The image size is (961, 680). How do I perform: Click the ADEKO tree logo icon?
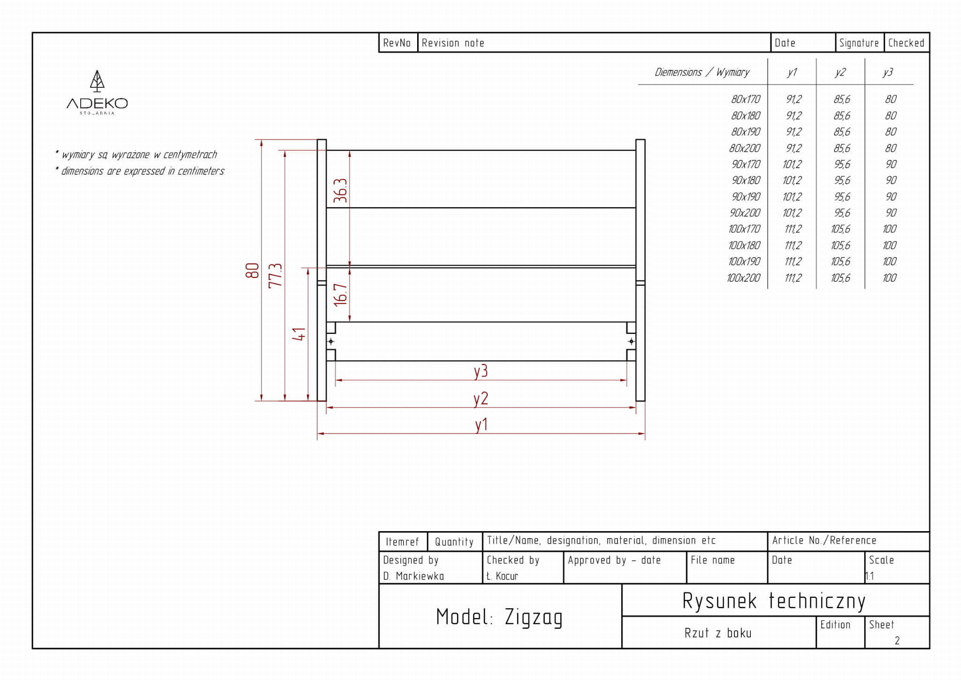click(x=97, y=81)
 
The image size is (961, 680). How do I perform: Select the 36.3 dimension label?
click(x=340, y=191)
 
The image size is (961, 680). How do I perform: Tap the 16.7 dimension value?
click(x=340, y=295)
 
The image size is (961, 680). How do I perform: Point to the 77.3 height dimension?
click(x=275, y=276)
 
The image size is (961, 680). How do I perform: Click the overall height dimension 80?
click(x=252, y=270)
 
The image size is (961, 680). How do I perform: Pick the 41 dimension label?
click(x=299, y=334)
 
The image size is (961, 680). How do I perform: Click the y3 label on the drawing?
click(x=480, y=371)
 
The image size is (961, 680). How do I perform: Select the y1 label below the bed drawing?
click(x=481, y=425)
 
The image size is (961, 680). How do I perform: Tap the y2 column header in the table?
click(x=840, y=72)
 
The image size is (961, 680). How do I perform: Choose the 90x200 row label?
click(x=745, y=213)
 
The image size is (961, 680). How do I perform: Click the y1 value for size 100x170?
click(x=793, y=229)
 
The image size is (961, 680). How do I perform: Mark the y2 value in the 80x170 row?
click(x=842, y=100)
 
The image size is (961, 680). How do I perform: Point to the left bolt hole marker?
click(x=331, y=341)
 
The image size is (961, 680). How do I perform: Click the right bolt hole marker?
click(x=631, y=341)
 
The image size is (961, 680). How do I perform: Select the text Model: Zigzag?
click(x=499, y=617)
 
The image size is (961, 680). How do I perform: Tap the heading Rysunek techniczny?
click(x=774, y=601)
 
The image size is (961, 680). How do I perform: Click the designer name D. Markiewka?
click(x=413, y=576)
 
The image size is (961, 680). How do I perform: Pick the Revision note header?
click(x=453, y=43)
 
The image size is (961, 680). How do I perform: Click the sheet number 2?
click(x=897, y=641)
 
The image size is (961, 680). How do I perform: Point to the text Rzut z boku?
click(x=717, y=634)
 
